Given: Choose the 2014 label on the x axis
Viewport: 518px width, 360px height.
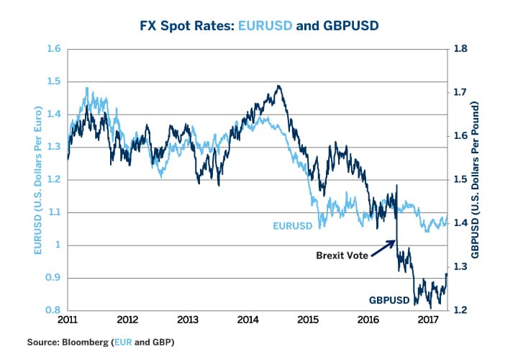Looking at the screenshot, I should (x=248, y=320).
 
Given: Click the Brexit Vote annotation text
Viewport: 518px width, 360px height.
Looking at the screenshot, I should (x=343, y=255).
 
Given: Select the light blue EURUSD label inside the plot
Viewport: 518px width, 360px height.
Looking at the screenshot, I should (x=293, y=225).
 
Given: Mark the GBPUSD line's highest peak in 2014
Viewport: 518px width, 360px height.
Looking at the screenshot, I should (x=278, y=86).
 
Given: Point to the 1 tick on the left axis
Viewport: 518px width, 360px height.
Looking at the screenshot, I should (x=58, y=245).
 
